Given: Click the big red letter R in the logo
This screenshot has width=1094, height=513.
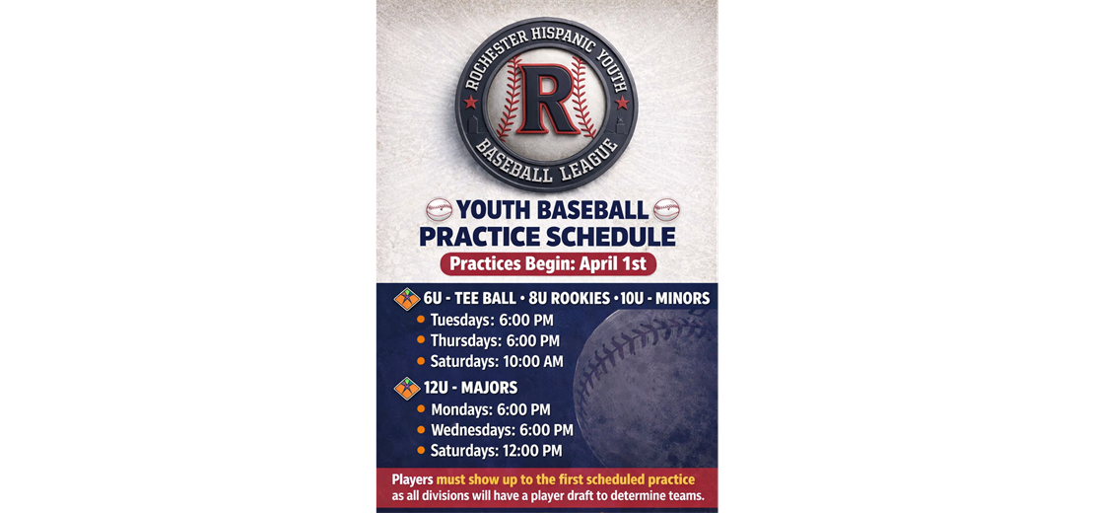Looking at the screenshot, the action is click(547, 99).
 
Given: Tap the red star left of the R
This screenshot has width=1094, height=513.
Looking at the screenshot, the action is click(470, 103).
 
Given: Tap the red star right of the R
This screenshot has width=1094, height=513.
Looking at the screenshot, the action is click(622, 103).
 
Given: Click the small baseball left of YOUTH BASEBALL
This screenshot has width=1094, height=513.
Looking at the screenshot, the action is click(440, 209).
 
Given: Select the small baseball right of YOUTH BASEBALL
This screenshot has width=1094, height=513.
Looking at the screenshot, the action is click(666, 209).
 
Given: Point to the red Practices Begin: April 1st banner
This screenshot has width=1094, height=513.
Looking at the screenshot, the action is click(548, 264).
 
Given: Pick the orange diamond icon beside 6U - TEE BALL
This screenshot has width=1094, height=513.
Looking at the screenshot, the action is click(407, 300).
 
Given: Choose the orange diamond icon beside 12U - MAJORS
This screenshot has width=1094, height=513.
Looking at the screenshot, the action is click(407, 388).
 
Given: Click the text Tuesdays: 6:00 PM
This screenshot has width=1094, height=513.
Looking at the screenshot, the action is click(492, 321).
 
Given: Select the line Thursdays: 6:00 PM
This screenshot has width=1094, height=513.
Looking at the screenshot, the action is click(495, 340).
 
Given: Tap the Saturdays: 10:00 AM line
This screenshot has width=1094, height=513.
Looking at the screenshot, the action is click(497, 361).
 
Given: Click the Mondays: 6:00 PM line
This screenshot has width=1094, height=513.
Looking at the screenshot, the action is click(491, 409).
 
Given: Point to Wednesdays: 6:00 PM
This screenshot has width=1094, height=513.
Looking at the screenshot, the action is click(502, 430).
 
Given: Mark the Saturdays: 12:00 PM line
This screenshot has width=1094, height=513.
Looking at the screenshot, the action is click(496, 451).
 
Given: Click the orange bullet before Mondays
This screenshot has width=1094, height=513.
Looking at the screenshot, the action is click(421, 409).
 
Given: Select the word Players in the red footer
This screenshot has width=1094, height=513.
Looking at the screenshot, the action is click(412, 480).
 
